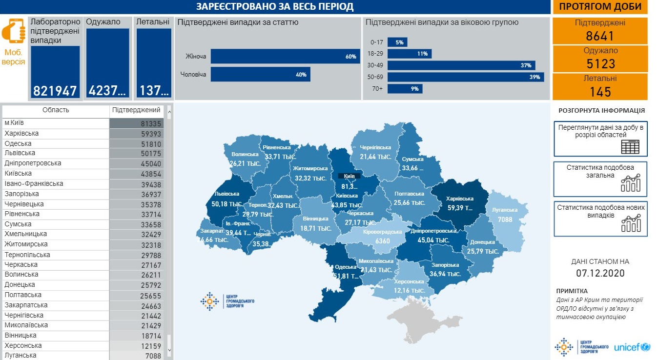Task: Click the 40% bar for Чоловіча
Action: pyautogui.click(x=260, y=75)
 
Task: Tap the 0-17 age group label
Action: pyautogui.click(x=376, y=42)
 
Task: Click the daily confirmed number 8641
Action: pyautogui.click(x=600, y=36)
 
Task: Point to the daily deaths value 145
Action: pyautogui.click(x=600, y=91)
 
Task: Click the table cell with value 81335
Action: pyautogui.click(x=136, y=123)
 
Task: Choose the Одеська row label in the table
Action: pyautogui.click(x=19, y=143)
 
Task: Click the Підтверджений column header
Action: pyautogui.click(x=136, y=110)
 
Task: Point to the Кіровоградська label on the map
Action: pyautogui.click(x=382, y=233)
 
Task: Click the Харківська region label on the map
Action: pyautogui.click(x=459, y=199)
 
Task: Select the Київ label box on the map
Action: pyautogui.click(x=349, y=176)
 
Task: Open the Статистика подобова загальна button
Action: pyautogui.click(x=600, y=179)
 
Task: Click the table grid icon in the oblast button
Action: pyautogui.click(x=630, y=146)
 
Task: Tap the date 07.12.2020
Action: pyautogui.click(x=600, y=273)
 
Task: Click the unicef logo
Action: pyautogui.click(x=632, y=347)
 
